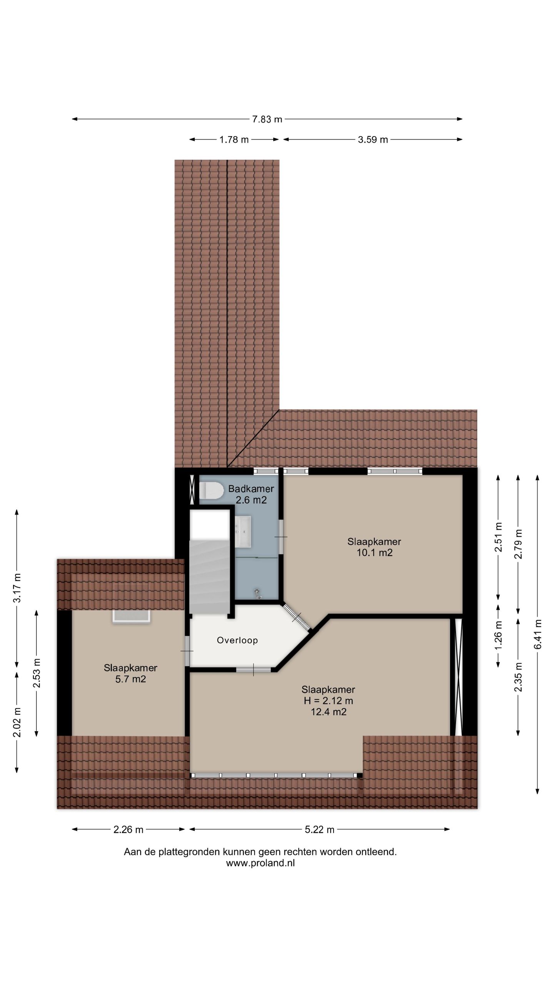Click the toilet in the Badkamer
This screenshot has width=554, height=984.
[211, 491]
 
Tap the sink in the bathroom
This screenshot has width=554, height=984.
[243, 532]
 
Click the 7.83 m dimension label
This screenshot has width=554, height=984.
[267, 119]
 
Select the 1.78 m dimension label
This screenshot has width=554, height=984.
[234, 140]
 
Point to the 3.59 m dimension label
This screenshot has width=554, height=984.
[372, 140]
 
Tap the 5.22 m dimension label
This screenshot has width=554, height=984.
[319, 829]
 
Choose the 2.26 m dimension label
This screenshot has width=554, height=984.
[128, 829]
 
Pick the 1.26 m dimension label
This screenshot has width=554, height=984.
[498, 635]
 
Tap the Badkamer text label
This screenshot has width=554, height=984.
[251, 489]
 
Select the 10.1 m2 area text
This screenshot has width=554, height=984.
[374, 553]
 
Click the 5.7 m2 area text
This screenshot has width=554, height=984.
[130, 679]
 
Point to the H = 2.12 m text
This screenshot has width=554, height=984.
[328, 700]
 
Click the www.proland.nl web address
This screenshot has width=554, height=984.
[260, 863]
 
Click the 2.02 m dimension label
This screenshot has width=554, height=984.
[17, 723]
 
